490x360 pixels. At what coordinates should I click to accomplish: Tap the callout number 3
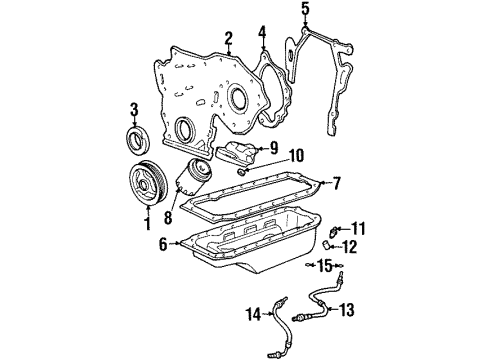[x=134, y=108]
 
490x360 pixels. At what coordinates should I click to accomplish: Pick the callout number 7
[x=337, y=183]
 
